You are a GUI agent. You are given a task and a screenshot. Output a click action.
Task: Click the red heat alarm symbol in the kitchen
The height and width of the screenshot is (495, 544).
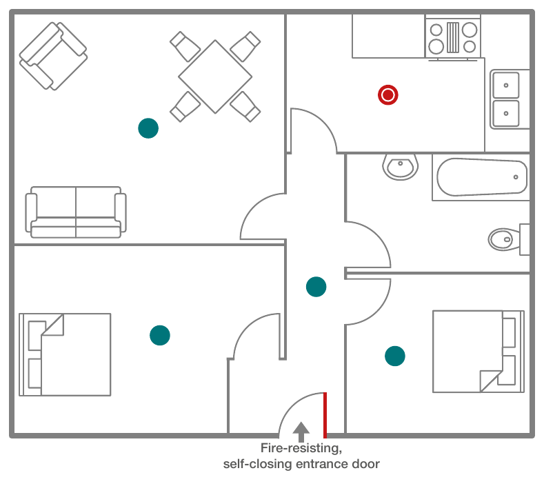(x=388, y=94)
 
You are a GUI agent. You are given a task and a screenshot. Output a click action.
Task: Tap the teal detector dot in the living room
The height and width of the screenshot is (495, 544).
(x=148, y=128)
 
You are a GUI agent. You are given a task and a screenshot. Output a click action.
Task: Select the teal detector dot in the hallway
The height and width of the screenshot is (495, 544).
(x=316, y=287)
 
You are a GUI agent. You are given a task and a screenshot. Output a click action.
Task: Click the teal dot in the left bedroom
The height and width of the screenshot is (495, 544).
(x=160, y=336)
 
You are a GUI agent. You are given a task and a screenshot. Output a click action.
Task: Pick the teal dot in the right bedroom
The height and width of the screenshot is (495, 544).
(x=395, y=356)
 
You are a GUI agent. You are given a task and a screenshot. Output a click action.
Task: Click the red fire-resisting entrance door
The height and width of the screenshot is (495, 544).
(x=325, y=415)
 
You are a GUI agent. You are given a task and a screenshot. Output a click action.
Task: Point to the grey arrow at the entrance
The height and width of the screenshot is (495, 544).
(x=301, y=432)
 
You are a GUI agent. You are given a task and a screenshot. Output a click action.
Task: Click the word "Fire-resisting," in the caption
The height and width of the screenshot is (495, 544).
(x=301, y=448)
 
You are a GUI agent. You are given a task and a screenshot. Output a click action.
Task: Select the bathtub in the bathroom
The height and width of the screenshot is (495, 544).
(x=481, y=177)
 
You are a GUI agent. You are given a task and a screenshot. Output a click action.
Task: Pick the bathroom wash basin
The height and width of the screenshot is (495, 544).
(x=401, y=168)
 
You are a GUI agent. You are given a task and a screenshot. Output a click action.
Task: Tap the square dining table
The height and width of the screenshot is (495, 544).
(x=215, y=77)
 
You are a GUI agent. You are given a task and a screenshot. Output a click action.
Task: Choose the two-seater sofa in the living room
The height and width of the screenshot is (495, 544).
(x=76, y=212)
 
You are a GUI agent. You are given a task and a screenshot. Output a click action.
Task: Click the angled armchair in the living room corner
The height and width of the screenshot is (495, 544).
(x=53, y=57)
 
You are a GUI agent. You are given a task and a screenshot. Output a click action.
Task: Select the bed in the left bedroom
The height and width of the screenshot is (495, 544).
(x=65, y=354)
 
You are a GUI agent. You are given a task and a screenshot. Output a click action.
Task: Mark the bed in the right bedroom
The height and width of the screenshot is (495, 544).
(x=478, y=352)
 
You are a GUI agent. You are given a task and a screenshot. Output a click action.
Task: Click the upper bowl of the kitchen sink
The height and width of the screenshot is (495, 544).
(x=506, y=85)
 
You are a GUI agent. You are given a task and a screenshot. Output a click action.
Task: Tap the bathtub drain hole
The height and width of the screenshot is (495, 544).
(x=516, y=177)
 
